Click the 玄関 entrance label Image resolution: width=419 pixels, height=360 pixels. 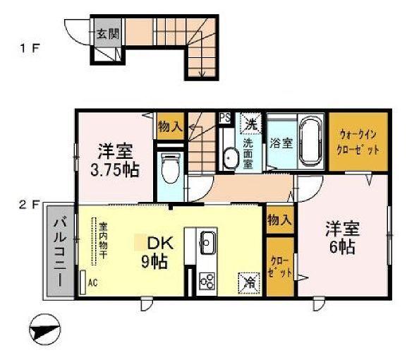(108, 33)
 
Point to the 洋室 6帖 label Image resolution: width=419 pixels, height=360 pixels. (343, 239)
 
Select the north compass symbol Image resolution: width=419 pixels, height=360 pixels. (47, 329)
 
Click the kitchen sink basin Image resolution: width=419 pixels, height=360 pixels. (207, 244)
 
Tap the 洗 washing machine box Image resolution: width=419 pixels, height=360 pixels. (250, 121)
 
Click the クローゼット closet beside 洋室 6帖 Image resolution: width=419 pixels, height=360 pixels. (279, 267)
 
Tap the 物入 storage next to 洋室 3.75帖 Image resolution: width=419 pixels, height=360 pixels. (170, 126)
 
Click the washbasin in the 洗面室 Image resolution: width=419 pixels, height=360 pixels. (229, 157)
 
